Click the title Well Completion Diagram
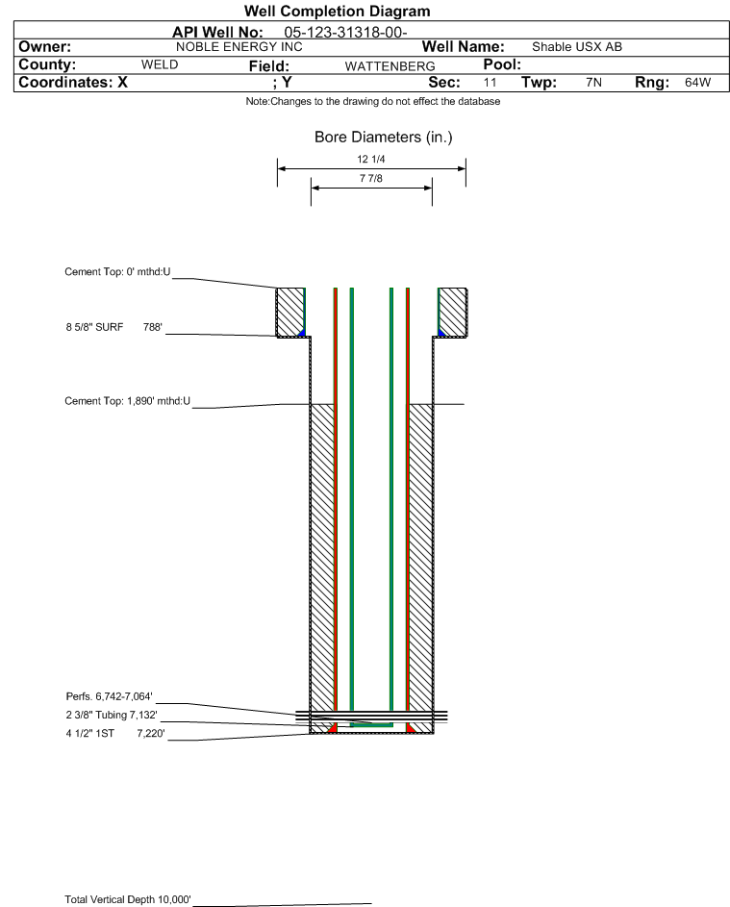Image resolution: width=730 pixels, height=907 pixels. coord(338,12)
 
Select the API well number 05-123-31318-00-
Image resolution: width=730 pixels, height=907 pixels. coord(345,33)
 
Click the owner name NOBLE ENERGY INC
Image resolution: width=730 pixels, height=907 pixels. coord(239,47)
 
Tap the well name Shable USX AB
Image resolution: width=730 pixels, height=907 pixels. coord(577,47)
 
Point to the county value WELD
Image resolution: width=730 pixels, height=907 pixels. coord(160,64)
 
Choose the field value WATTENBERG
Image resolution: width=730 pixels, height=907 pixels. coord(390,66)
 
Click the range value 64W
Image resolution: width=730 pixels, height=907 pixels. coord(697,82)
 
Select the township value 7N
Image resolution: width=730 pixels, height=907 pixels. coord(593,82)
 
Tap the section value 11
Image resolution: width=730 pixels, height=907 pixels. coord(490,82)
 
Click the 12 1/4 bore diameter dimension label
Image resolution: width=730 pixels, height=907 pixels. coord(371,159)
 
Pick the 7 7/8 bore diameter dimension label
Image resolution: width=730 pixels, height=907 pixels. coord(371,178)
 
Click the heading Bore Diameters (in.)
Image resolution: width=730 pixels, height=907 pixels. coord(384,138)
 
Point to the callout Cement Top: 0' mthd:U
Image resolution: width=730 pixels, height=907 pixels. coord(117,272)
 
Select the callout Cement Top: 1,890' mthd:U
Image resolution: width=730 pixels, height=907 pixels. coord(127,401)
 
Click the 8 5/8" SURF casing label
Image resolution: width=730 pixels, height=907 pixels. coord(94,327)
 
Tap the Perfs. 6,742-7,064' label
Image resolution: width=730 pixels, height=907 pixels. coord(110,696)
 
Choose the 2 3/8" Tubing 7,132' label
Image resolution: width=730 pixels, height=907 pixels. coord(112,715)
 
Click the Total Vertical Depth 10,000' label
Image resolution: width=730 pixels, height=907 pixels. coord(128,899)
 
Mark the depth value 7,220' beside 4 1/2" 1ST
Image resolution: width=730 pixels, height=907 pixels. coord(151,734)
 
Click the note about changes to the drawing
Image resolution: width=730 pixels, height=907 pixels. coord(373,101)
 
